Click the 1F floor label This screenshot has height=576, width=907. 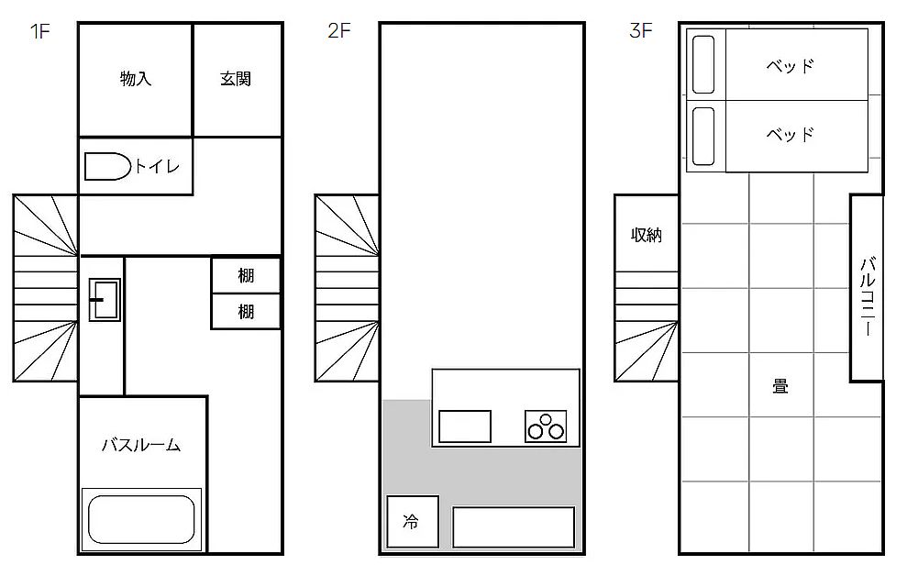point(40,31)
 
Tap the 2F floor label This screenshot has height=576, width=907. point(339,30)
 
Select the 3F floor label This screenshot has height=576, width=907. point(641,30)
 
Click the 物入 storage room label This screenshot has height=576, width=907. point(136,79)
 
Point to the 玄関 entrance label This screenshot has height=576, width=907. point(236,79)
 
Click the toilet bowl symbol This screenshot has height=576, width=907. point(107,167)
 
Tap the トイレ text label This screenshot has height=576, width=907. point(158,167)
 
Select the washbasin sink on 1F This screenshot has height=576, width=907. point(105,300)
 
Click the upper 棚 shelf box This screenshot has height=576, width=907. point(246,275)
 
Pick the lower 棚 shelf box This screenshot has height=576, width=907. point(246,312)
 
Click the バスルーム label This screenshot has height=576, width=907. point(142,445)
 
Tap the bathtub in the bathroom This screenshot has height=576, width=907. point(141,519)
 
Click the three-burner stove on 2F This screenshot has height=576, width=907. point(546,426)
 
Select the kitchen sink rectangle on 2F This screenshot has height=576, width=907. point(465,426)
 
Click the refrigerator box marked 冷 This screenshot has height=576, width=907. point(413,522)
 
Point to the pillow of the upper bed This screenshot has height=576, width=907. point(703,65)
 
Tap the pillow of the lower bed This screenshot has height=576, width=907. point(703,136)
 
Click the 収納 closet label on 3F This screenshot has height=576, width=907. point(647,235)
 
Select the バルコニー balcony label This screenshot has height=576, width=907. point(867,296)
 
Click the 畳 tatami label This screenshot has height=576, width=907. point(780,386)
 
